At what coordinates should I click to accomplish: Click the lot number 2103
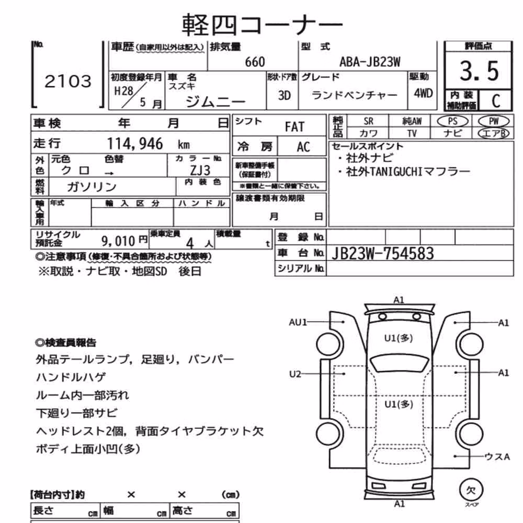coord(67,82)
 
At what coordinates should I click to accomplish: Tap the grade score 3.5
coord(479,71)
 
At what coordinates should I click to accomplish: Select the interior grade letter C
coord(496,101)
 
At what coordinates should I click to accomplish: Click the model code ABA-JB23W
coord(370,62)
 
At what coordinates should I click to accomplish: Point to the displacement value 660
coord(255,62)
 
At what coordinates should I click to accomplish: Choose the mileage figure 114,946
coord(135,144)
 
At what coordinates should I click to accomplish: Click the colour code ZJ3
coord(200,170)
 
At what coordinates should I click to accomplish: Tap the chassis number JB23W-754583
coord(383,254)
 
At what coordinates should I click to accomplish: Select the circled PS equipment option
coord(452,121)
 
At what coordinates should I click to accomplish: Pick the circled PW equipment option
coord(494,121)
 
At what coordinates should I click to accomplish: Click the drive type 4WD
coord(423,93)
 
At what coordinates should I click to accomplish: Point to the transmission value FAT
coord(294,127)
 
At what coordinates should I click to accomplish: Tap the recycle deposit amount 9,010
coord(118,241)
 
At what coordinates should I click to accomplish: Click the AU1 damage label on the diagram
coord(298,322)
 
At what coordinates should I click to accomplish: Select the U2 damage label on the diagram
coord(295,374)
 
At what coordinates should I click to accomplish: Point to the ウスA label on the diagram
coord(497,456)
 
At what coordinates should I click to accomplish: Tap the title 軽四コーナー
coord(262,25)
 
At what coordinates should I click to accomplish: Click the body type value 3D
coord(285,96)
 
